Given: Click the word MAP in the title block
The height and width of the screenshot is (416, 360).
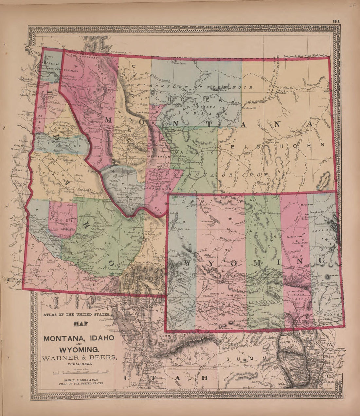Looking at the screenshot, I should (x=79, y=325).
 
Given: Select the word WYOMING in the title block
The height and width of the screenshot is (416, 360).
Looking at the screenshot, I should (x=79, y=349).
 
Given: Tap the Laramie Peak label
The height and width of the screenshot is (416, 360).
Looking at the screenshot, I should (x=297, y=290).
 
